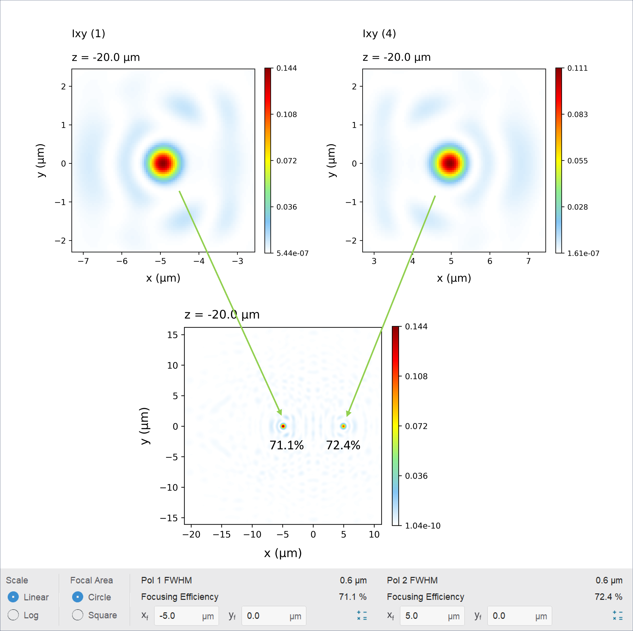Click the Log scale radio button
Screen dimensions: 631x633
click(13, 615)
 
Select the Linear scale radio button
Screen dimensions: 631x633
click(13, 597)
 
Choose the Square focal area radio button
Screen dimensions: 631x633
click(78, 615)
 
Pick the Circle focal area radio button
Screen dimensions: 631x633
click(78, 597)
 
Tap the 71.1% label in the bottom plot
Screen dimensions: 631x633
click(287, 445)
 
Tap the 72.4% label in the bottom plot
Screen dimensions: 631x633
click(343, 445)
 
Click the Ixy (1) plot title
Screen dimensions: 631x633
click(88, 33)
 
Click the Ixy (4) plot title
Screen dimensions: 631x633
click(379, 33)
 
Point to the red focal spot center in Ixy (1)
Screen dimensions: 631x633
click(164, 163)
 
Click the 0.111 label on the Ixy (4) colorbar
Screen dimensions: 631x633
click(577, 68)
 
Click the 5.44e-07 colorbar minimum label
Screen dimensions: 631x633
click(292, 253)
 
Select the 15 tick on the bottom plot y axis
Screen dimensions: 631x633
click(172, 335)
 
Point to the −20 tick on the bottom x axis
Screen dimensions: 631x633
click(191, 535)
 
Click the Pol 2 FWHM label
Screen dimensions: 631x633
click(412, 580)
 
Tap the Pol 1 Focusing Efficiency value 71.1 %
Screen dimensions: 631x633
click(353, 597)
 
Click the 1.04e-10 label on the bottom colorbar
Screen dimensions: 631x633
click(423, 526)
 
